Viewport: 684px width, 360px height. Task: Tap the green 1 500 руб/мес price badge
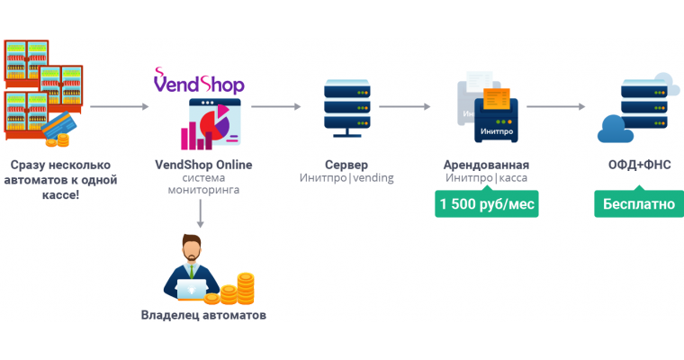[486, 204]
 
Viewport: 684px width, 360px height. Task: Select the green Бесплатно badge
[638, 204]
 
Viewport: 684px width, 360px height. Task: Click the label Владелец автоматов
[203, 315]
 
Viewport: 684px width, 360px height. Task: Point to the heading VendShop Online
[203, 165]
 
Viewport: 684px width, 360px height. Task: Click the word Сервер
[346, 165]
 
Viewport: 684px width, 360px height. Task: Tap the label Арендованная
[486, 165]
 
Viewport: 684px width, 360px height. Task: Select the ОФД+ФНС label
[638, 165]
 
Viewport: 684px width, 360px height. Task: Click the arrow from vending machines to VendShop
[120, 107]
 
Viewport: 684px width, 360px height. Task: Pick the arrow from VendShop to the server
[275, 107]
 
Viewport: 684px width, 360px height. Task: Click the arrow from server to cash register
[409, 107]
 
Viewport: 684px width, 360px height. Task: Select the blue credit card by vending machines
[57, 123]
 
